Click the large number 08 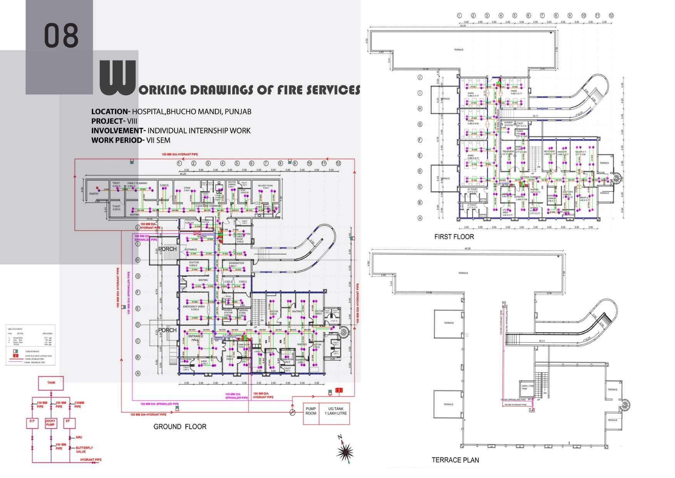pyautogui.click(x=61, y=35)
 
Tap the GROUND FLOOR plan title pyautogui.click(x=180, y=426)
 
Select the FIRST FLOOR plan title pyautogui.click(x=454, y=237)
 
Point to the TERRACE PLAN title pyautogui.click(x=455, y=460)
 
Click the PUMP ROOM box pyautogui.click(x=311, y=411)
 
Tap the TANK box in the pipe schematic pyautogui.click(x=51, y=383)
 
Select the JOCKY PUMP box pyautogui.click(x=50, y=423)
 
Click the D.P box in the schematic pyautogui.click(x=32, y=421)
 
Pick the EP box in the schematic pyautogui.click(x=68, y=421)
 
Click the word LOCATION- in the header pyautogui.click(x=111, y=112)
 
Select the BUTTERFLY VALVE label pyautogui.click(x=84, y=450)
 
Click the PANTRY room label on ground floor pyautogui.click(x=94, y=194)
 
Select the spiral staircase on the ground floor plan pyautogui.click(x=343, y=332)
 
